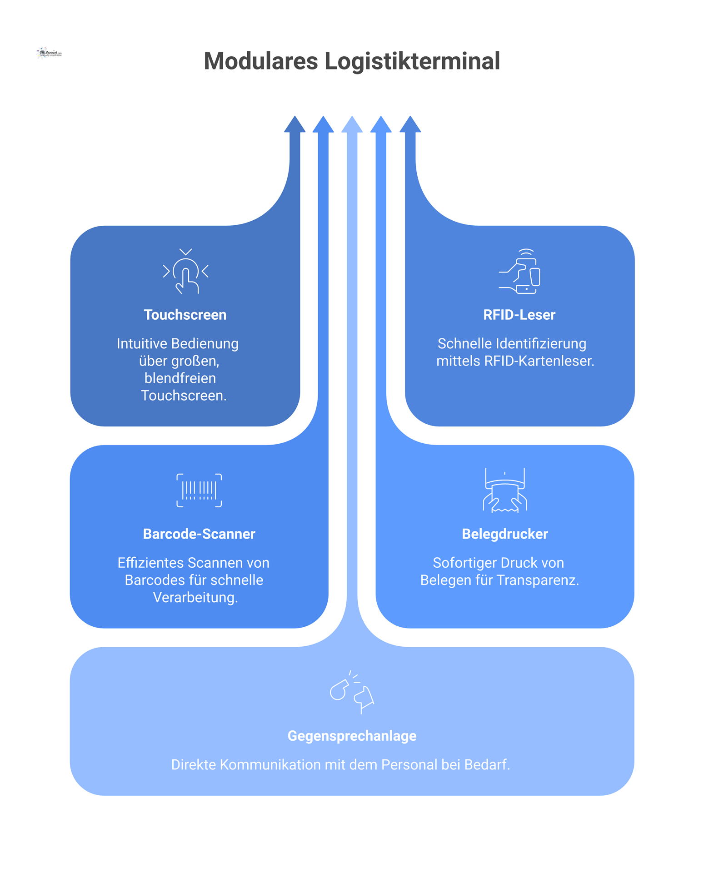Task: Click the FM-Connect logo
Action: tap(49, 53)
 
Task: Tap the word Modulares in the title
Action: tap(260, 61)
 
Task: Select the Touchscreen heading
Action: tap(185, 315)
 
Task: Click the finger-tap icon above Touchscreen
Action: tap(186, 272)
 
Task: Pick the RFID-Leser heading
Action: tap(519, 315)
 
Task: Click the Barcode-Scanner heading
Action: tap(199, 534)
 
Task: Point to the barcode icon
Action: tap(199, 490)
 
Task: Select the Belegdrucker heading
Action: tap(504, 534)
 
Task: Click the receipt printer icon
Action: tap(504, 490)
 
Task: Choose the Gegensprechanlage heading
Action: tap(352, 735)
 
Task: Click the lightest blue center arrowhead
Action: tap(352, 125)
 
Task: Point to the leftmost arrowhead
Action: tap(295, 125)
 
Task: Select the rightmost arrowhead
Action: tap(410, 125)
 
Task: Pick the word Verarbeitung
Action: tap(195, 597)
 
